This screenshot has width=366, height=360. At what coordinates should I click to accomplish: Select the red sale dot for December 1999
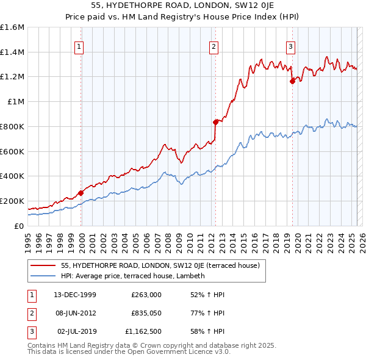tap(81, 193)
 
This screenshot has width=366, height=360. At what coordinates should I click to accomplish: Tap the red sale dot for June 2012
tap(215, 121)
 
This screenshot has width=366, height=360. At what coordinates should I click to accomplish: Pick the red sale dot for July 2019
tap(292, 81)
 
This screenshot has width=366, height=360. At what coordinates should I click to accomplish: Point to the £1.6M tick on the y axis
tap(12, 27)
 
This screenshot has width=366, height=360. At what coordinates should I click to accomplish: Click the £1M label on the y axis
tap(15, 102)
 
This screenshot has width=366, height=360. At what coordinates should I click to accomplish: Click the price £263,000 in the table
tap(146, 295)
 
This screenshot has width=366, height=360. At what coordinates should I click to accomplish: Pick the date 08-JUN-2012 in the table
tap(75, 313)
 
